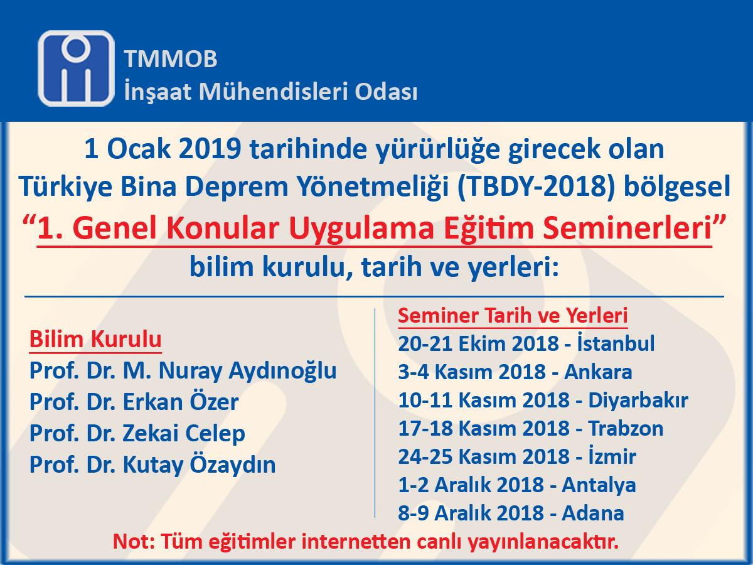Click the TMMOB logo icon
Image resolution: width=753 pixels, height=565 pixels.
[76, 68]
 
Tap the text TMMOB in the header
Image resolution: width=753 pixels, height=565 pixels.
[171, 58]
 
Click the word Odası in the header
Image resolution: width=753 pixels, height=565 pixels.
[387, 92]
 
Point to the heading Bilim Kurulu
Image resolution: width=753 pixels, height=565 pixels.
[95, 340]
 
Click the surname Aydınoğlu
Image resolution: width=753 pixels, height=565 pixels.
[282, 371]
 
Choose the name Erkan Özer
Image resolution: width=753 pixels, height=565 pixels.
[181, 401]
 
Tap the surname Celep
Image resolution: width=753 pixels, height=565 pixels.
[215, 434]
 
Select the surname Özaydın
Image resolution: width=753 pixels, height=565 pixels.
[233, 465]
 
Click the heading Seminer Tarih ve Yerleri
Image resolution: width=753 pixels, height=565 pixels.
[513, 315]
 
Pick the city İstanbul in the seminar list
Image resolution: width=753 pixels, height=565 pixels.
[616, 343]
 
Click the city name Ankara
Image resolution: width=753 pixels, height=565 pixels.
[598, 372]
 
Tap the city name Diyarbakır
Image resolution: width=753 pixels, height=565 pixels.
[638, 400]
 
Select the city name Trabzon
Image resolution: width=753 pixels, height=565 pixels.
[626, 429]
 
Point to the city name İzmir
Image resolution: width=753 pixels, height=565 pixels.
[612, 456]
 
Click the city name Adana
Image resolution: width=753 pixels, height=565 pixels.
[593, 513]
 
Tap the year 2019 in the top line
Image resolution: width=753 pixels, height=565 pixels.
[210, 149]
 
